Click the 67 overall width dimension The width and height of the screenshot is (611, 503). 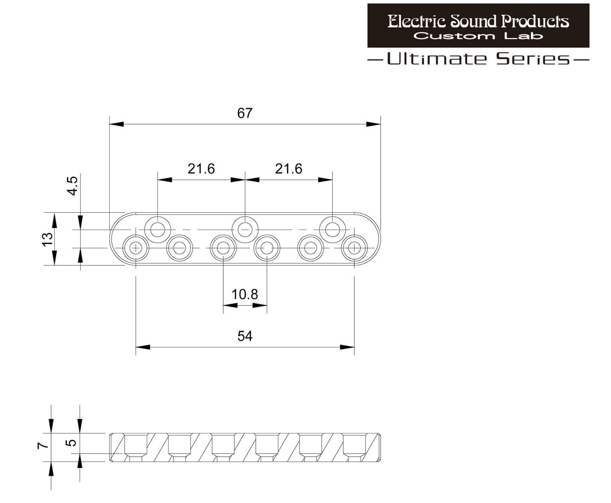click(x=245, y=113)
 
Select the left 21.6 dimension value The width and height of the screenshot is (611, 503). click(x=201, y=169)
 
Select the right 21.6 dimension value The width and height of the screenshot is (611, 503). click(x=288, y=169)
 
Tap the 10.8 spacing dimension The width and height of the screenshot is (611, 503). click(x=245, y=295)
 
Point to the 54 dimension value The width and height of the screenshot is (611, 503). click(x=245, y=336)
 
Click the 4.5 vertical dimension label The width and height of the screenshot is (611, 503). click(x=73, y=186)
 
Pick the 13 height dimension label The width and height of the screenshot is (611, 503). click(x=47, y=239)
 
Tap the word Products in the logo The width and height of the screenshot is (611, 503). click(x=535, y=21)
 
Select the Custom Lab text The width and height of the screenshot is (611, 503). click(x=478, y=36)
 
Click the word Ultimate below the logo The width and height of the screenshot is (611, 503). click(x=436, y=59)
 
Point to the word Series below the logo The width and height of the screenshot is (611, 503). click(x=533, y=59)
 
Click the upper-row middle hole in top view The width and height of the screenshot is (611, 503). click(x=245, y=230)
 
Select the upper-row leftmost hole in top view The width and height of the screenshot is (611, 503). click(x=157, y=230)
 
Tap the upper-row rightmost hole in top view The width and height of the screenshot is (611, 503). click(x=332, y=230)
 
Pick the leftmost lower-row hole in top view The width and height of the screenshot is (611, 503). click(x=136, y=248)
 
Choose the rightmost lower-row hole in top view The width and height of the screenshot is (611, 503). click(x=354, y=248)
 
